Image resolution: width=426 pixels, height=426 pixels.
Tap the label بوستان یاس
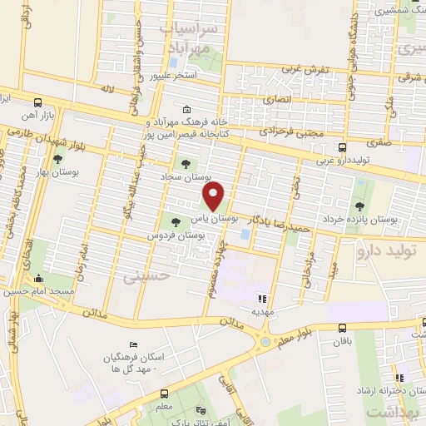click(215, 218)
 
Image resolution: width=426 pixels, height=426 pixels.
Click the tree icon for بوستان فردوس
click(176, 221)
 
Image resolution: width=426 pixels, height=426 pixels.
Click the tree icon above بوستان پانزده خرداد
click(359, 206)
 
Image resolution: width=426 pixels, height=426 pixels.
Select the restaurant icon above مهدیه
click(264, 298)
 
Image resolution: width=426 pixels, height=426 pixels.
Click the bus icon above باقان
click(342, 329)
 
